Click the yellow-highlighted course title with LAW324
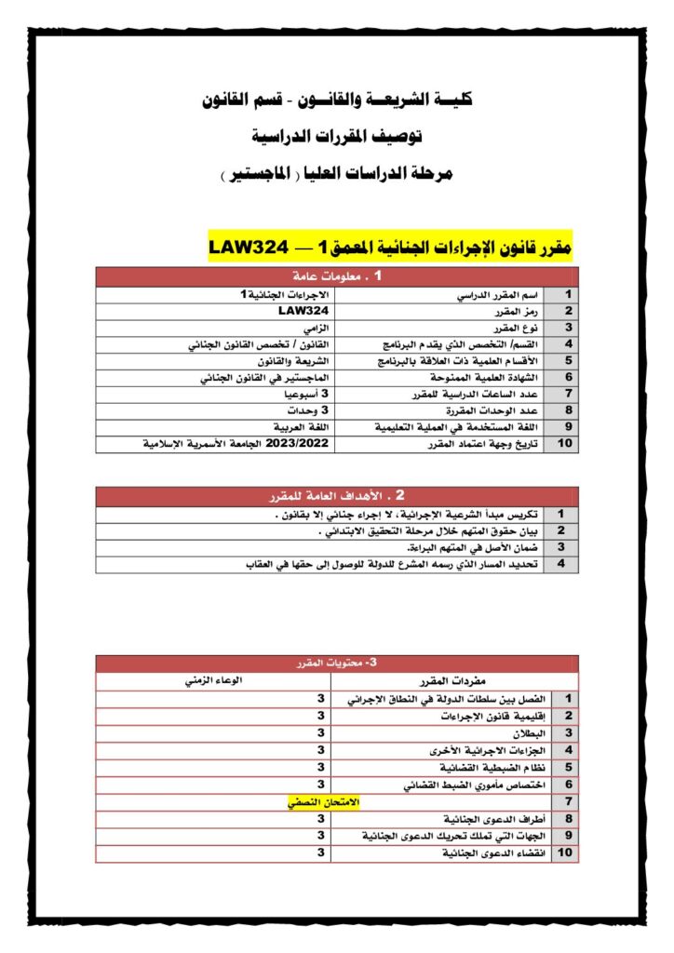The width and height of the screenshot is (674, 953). click(x=390, y=248)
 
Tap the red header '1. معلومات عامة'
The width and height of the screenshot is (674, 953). click(x=337, y=276)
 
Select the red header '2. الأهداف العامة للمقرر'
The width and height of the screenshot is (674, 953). click(x=337, y=496)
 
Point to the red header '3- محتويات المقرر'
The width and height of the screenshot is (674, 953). click(x=337, y=663)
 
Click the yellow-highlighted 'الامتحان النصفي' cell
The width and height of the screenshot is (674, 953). click(x=321, y=801)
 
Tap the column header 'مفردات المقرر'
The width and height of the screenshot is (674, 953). click(x=453, y=680)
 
